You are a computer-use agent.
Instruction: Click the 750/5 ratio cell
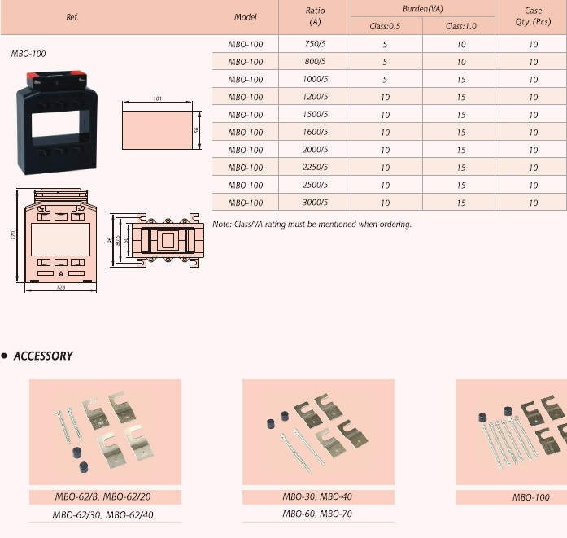(x=315, y=44)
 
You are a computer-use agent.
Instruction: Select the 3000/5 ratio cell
(x=315, y=202)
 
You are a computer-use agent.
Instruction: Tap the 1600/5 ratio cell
(x=315, y=132)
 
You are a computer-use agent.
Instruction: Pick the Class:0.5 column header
(x=385, y=26)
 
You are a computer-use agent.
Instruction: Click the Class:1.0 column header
(x=461, y=26)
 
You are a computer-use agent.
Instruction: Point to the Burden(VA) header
(x=423, y=9)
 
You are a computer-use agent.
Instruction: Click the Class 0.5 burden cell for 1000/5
(x=385, y=79)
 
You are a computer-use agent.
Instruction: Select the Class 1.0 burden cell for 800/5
(x=461, y=62)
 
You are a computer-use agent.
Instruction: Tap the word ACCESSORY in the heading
(x=43, y=356)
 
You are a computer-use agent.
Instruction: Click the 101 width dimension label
(x=157, y=98)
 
